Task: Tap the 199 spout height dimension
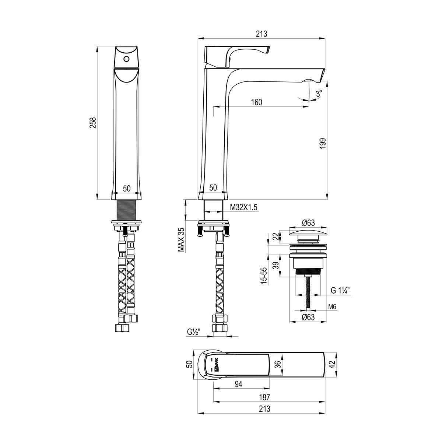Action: click(323, 143)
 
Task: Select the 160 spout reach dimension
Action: click(256, 102)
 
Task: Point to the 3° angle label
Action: click(319, 93)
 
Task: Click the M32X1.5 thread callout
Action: click(243, 207)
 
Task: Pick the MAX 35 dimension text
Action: click(182, 240)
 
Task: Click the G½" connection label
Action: click(194, 332)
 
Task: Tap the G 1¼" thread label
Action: click(340, 291)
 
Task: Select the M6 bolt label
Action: click(332, 307)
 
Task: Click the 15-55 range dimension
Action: click(264, 276)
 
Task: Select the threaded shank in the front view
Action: click(126, 210)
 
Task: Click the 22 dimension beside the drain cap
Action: click(277, 236)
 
